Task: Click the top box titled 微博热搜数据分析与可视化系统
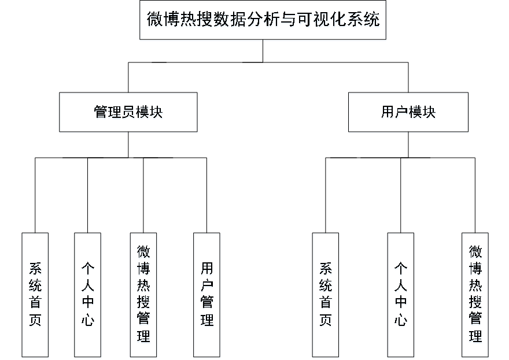pos(263,21)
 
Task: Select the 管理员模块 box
pos(128,113)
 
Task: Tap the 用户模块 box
pos(408,113)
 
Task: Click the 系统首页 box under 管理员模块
pos(35,295)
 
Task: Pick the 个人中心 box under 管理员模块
pos(88,295)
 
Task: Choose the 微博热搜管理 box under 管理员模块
pos(143,295)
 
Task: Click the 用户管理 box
pos(206,295)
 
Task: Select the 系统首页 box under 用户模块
pos(326,295)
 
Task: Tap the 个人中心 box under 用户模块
pos(401,295)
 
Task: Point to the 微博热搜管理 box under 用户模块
pos(475,295)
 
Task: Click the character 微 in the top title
pos(154,21)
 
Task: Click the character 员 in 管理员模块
pos(128,113)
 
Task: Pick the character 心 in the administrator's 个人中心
pos(88,320)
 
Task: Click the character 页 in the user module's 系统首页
pos(326,320)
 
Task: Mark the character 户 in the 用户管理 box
pos(206,287)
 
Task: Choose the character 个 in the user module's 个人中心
pos(401,270)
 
